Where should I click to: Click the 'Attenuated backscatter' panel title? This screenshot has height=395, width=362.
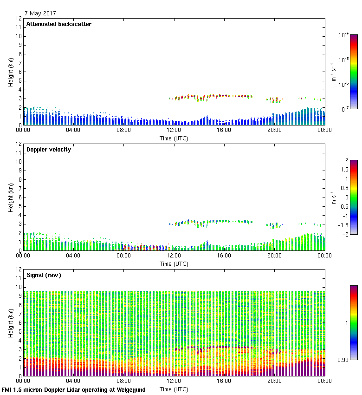pos(58,24)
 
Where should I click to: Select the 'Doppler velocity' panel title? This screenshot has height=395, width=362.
pos(48,150)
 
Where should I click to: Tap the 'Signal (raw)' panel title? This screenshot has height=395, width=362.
pos(44,275)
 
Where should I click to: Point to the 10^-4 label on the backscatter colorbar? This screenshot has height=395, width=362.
pos(344,35)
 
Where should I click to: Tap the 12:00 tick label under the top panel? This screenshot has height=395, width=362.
pos(174,131)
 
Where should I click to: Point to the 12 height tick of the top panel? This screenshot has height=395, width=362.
pos(18,19)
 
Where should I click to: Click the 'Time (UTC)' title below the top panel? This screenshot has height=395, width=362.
pos(174,138)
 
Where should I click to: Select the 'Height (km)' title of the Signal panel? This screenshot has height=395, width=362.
pos(10,323)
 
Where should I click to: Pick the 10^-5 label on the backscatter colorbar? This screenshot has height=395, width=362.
pos(344,60)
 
